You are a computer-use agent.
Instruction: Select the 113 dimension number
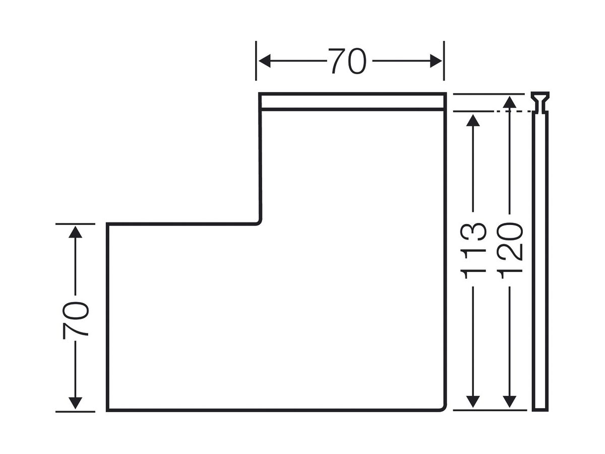point(473,251)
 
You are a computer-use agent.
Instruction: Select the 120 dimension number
point(509,251)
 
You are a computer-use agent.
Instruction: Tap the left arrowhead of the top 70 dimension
point(264,61)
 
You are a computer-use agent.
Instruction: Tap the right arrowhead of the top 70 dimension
point(436,61)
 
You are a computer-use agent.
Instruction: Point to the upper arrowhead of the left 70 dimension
point(75,231)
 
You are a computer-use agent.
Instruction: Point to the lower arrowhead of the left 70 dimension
point(75,403)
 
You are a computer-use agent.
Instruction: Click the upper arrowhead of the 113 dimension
point(473,120)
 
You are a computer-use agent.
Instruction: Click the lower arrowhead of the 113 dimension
point(473,402)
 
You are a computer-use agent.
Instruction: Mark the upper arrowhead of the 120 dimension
point(509,102)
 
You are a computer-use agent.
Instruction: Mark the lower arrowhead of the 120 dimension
point(509,402)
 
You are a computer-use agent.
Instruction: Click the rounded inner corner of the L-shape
point(259,222)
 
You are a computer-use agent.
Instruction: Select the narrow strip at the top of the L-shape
point(352,102)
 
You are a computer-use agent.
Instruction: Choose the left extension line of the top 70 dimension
point(256,61)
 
